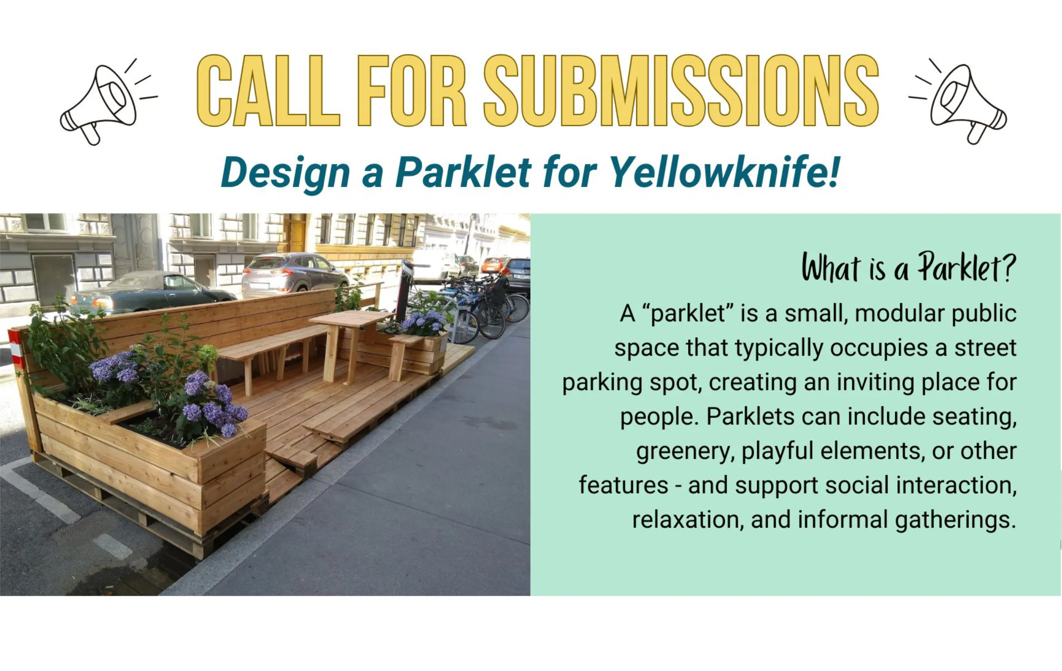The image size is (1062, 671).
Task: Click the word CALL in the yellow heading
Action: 268,91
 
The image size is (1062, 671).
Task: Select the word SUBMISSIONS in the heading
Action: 681,91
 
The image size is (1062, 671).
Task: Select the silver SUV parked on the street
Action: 294,274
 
